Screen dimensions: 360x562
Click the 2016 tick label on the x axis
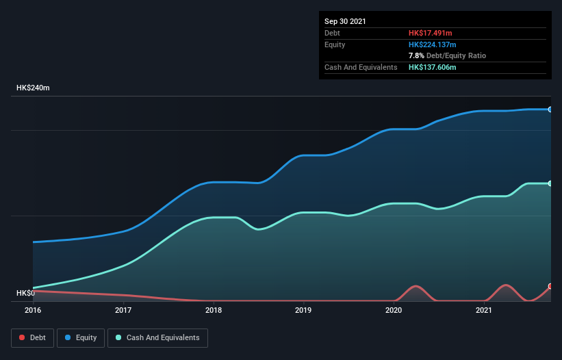33,310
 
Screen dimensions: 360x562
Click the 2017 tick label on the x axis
123,310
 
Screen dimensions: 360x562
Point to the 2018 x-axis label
214,310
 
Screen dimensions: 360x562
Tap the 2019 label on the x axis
303,310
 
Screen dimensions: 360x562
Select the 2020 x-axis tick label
394,310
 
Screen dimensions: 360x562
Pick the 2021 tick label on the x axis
484,310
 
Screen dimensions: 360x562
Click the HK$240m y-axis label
33,88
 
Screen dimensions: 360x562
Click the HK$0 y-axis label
25,294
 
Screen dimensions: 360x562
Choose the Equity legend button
81,337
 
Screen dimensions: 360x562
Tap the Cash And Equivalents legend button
157,337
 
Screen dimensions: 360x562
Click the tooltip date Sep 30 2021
345,21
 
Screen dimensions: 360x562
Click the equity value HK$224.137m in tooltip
432,44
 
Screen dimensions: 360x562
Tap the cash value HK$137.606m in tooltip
432,67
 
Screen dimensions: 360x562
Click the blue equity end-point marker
550,110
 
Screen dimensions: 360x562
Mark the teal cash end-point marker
550,183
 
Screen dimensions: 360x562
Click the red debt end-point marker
550,286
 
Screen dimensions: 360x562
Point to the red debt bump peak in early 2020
415,286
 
